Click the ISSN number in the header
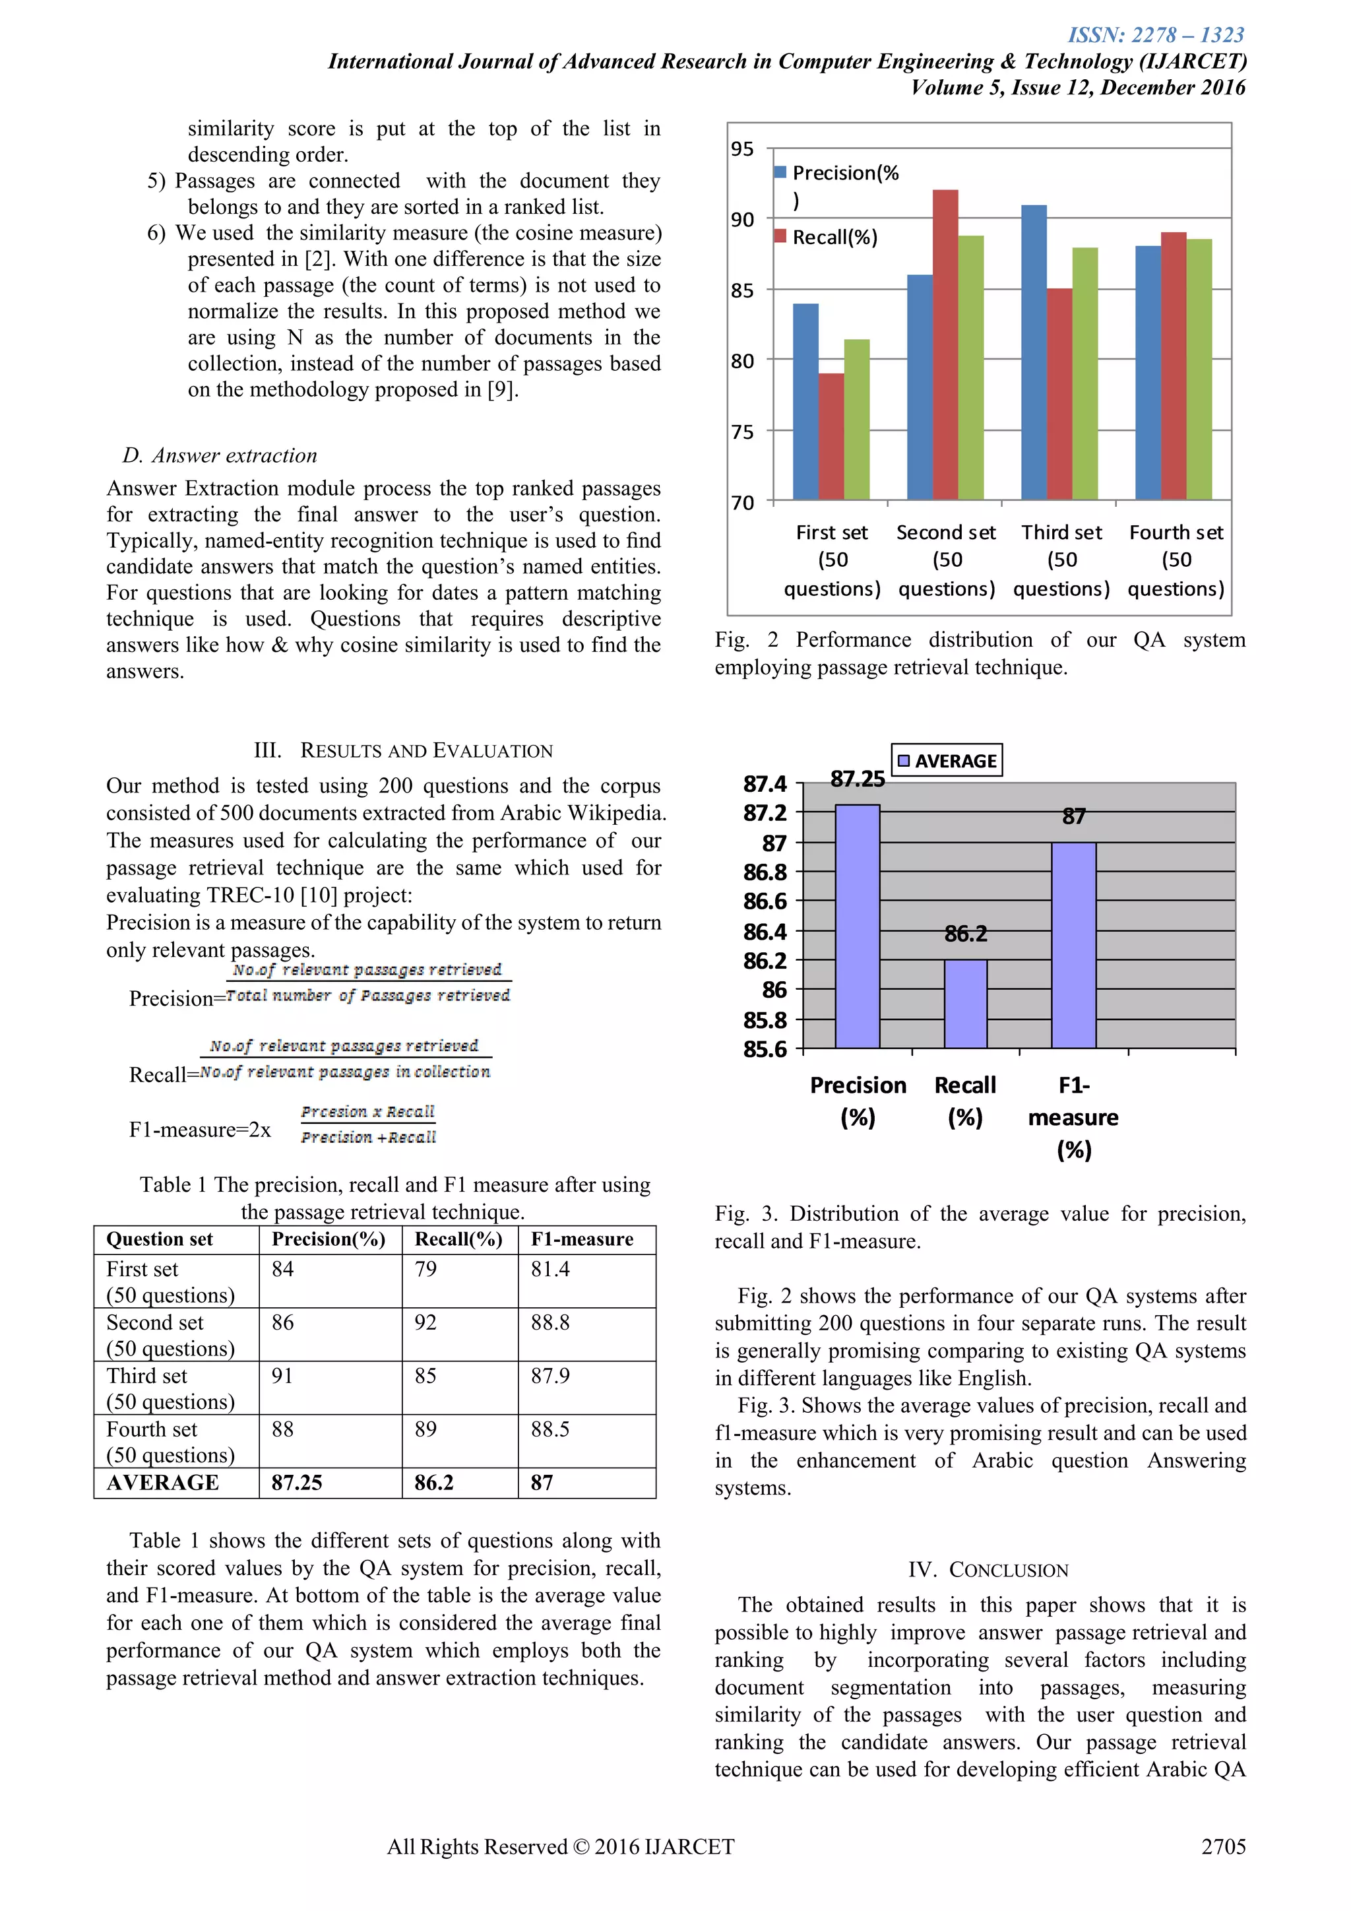(x=1156, y=35)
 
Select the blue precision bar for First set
(x=805, y=401)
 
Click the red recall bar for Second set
(x=945, y=344)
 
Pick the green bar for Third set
(x=1084, y=373)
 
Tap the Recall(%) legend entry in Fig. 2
(x=827, y=237)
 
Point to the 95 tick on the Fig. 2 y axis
(x=742, y=149)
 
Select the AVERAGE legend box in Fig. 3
(x=947, y=760)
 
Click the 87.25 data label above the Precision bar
(x=857, y=779)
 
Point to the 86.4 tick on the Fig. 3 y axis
(x=765, y=931)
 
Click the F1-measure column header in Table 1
(x=582, y=1239)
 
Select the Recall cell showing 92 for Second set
(x=426, y=1322)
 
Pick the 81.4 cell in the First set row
(x=550, y=1270)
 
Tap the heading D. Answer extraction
(x=220, y=455)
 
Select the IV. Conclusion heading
(x=988, y=1570)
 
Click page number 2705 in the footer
(x=1223, y=1847)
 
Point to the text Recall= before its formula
(x=163, y=1074)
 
